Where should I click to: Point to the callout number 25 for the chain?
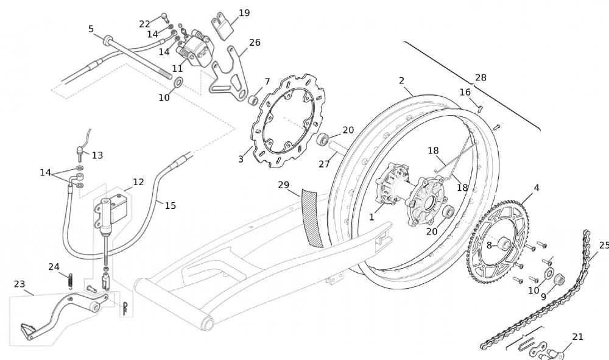(x=602, y=245)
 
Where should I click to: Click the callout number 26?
(x=255, y=43)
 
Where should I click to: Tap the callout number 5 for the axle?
(x=91, y=29)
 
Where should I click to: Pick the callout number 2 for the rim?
(x=401, y=80)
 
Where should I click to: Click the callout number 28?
(x=481, y=77)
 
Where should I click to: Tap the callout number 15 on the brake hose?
(x=170, y=206)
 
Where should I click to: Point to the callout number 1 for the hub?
(x=372, y=217)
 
